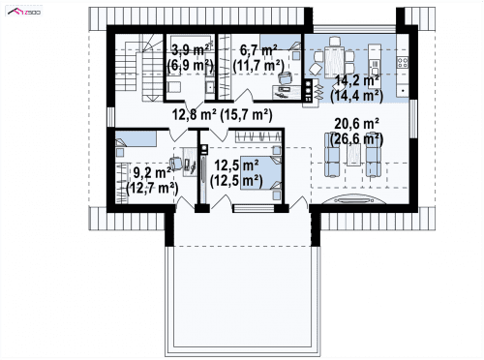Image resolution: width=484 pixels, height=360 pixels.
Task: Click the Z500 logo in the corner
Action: click(24, 12)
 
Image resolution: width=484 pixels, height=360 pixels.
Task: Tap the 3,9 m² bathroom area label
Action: click(190, 50)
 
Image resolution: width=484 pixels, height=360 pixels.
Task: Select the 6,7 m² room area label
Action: click(258, 50)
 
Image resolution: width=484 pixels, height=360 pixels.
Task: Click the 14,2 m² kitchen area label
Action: click(357, 80)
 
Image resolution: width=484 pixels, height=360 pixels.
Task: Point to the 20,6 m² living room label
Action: click(357, 124)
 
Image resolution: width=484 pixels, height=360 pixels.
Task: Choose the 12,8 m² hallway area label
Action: click(194, 114)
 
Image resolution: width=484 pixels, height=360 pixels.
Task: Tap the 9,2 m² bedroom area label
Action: click(152, 173)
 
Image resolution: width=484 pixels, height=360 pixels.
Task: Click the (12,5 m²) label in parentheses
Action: click(236, 181)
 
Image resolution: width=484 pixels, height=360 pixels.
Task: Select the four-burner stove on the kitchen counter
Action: click(403, 62)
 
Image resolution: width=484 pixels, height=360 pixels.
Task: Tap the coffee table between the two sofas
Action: click(354, 155)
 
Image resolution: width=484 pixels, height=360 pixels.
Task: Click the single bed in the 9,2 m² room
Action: click(136, 138)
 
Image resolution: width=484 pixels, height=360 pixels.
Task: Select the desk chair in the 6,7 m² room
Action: click(285, 78)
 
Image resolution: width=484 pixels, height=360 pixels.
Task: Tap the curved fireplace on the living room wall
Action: click(354, 200)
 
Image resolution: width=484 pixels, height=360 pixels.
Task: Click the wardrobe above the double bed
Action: click(257, 136)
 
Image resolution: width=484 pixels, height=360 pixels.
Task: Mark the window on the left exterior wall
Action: click(110, 117)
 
